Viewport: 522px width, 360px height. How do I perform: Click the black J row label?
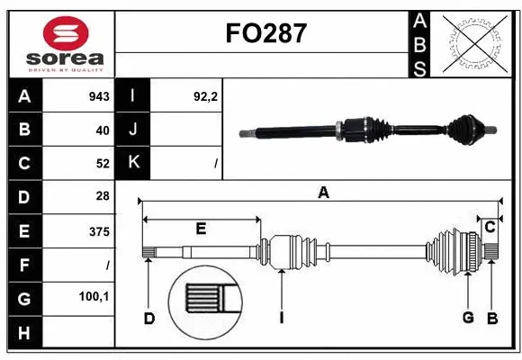(x=133, y=130)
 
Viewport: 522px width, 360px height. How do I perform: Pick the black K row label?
(x=133, y=164)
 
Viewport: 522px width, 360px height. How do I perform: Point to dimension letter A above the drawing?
(x=322, y=191)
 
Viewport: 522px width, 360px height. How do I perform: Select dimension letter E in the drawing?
(x=201, y=229)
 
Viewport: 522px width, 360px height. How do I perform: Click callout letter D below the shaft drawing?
(x=149, y=318)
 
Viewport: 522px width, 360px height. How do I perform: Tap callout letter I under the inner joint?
(x=282, y=318)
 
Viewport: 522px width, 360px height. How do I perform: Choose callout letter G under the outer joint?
(x=468, y=318)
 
